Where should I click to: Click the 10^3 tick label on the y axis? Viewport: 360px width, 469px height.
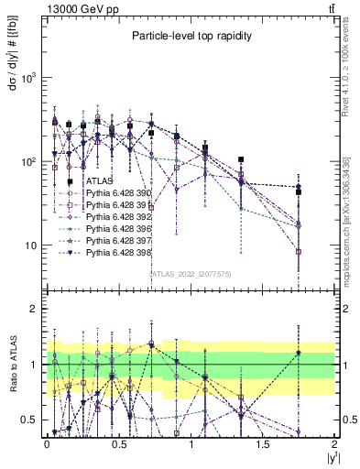[x=28, y=78]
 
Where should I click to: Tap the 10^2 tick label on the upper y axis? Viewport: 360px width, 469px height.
[x=28, y=162]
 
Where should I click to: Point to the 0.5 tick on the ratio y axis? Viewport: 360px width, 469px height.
[x=30, y=420]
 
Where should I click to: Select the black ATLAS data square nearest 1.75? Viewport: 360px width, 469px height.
[x=299, y=191]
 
